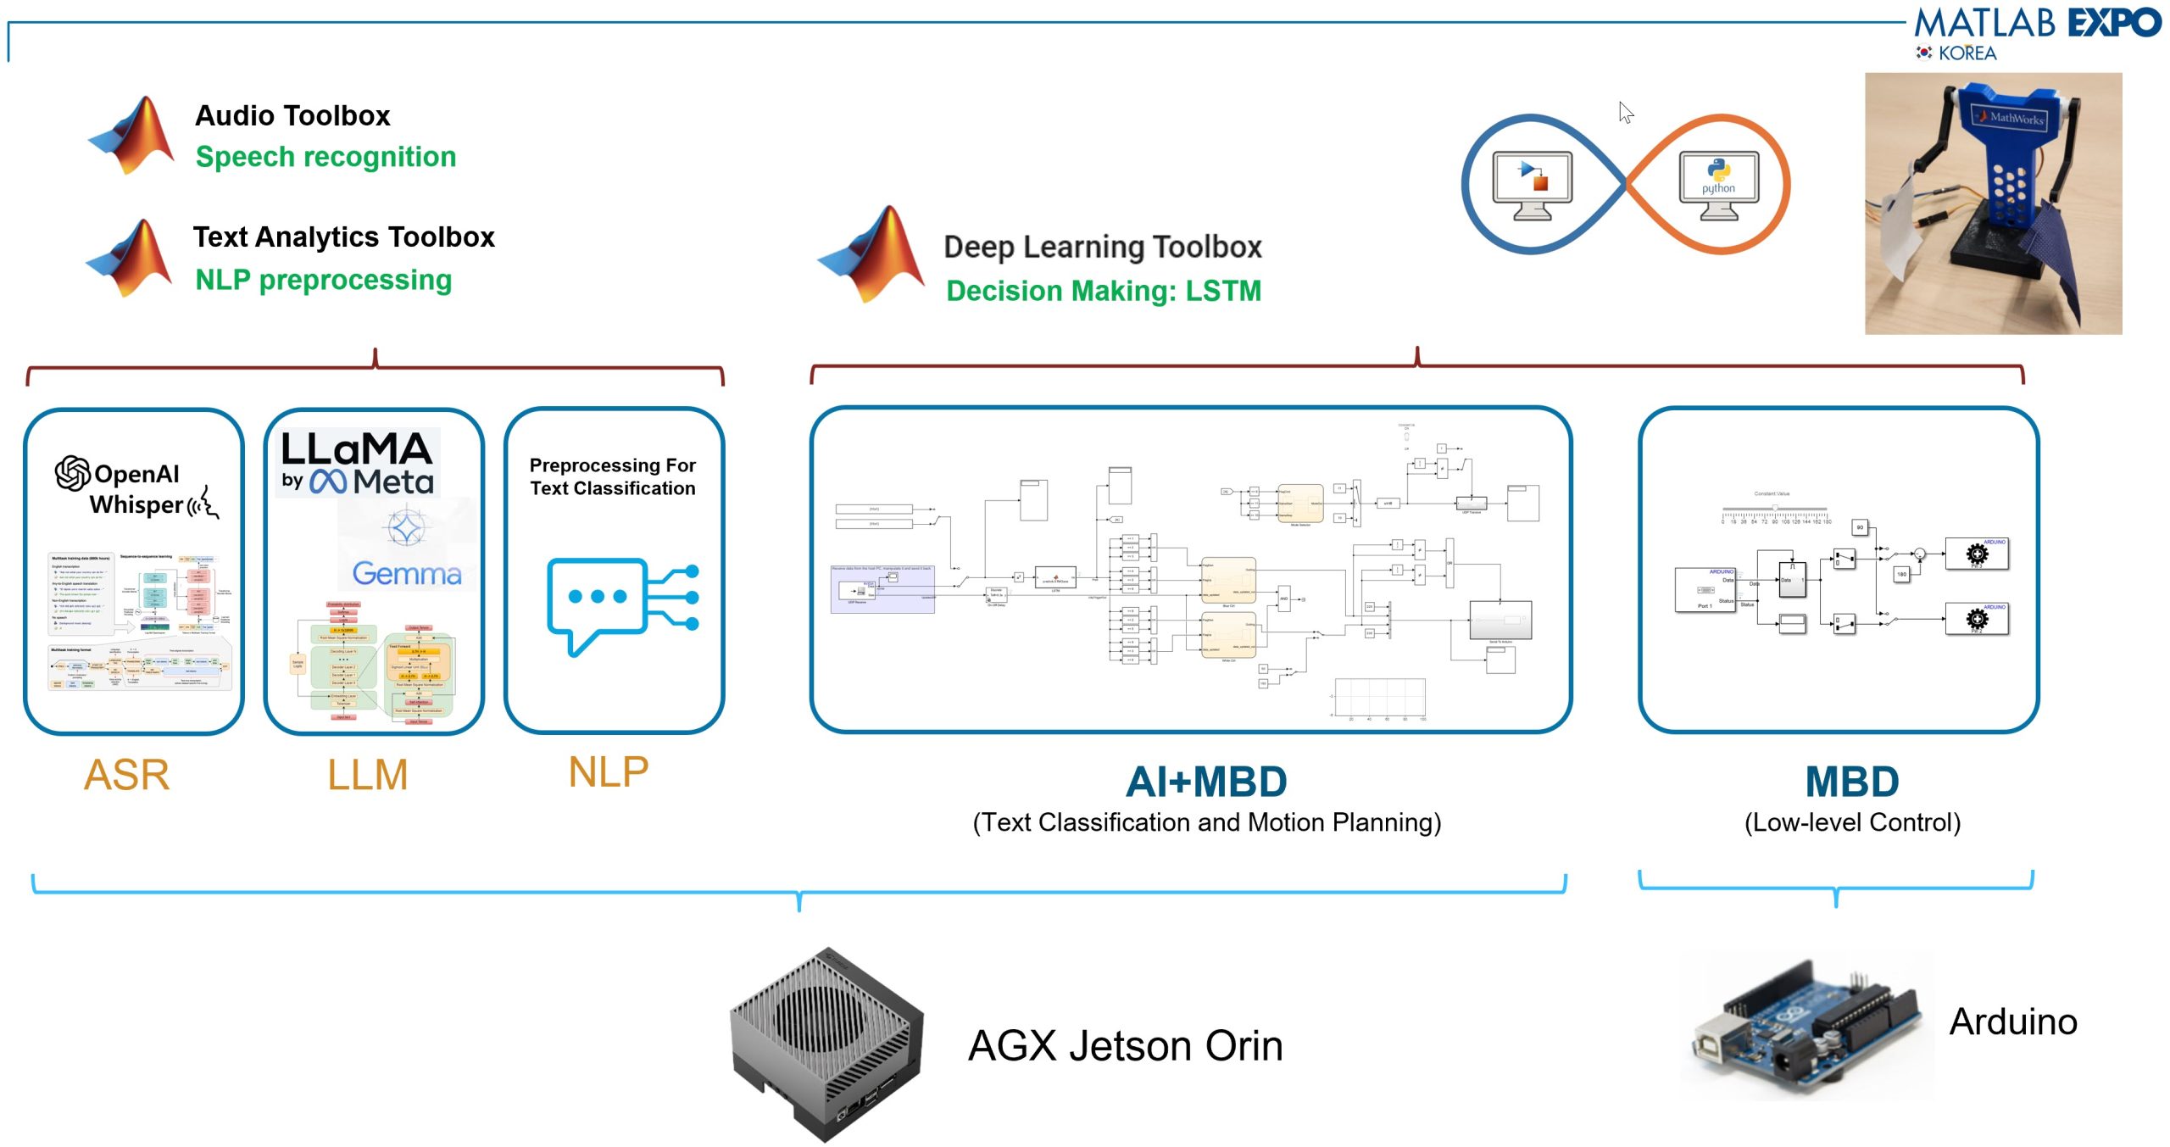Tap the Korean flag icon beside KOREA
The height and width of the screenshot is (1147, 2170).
pos(1924,53)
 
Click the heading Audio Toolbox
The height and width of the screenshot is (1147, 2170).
pos(292,115)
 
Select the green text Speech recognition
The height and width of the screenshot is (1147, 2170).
pos(325,157)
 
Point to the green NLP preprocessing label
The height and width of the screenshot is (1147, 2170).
pos(323,280)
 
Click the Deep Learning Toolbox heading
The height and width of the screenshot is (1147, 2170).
pos(1102,247)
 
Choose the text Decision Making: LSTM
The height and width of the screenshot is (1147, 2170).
pos(1103,291)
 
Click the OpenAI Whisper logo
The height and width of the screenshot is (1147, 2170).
pos(136,488)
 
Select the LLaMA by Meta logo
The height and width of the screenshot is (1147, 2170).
pos(357,463)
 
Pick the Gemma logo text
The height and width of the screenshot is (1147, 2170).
pos(407,574)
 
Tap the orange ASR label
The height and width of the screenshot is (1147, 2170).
pos(127,775)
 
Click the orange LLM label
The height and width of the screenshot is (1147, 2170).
pos(368,775)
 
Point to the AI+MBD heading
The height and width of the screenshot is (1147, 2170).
pos(1206,782)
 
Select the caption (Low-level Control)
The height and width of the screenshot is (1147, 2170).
pos(1852,822)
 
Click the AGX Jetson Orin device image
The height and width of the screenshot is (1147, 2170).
pos(826,1043)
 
